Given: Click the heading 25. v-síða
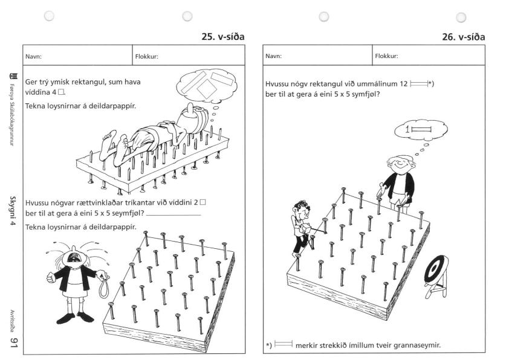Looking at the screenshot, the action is (x=223, y=37).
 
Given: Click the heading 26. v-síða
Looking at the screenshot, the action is (x=464, y=37).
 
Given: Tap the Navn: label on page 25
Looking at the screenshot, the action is (x=33, y=56).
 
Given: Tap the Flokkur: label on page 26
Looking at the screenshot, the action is (x=387, y=56).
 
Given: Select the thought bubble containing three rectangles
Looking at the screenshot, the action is (x=207, y=86).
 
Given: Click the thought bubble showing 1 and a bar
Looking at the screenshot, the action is (x=421, y=130).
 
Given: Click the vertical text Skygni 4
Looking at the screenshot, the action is (x=13, y=210).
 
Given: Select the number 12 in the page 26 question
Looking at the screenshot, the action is (x=403, y=84).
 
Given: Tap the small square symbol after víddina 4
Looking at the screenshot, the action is (x=61, y=92).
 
